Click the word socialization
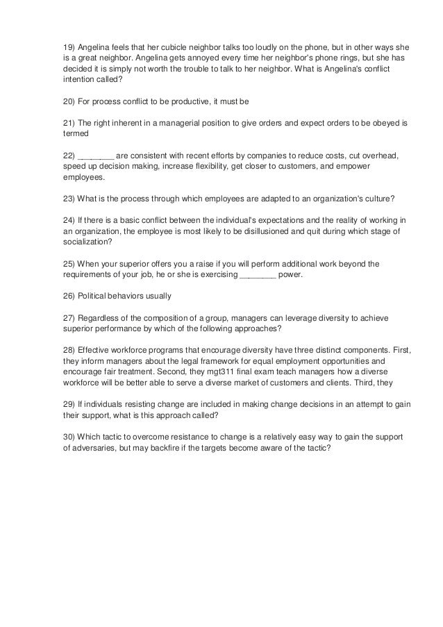pyautogui.click(x=83, y=242)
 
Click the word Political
pyautogui.click(x=94, y=296)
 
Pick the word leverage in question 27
pyautogui.click(x=281, y=318)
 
